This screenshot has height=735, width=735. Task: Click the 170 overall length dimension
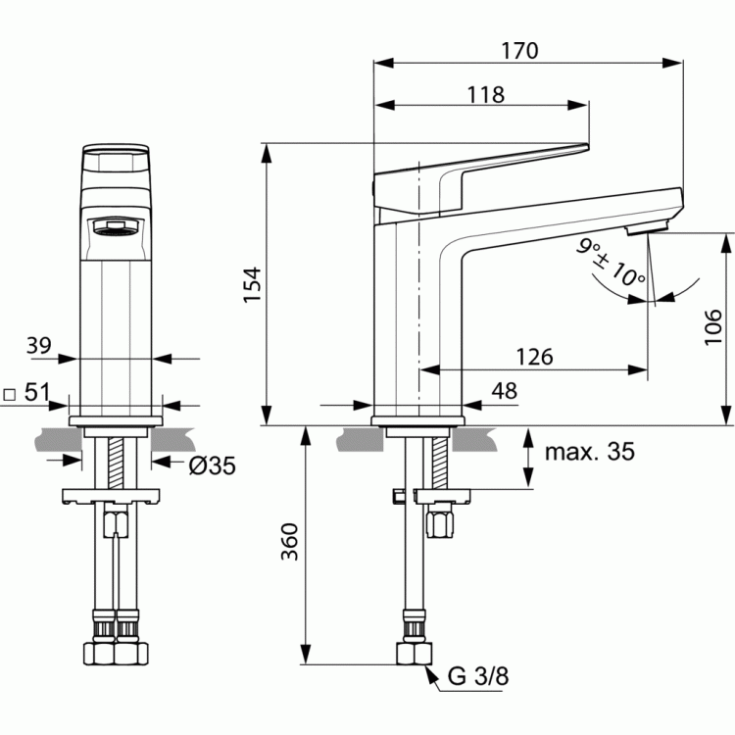click(x=519, y=51)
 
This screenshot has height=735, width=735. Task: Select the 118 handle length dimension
click(x=486, y=95)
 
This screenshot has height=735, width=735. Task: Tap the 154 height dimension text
click(x=252, y=284)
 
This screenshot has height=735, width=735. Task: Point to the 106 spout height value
click(x=713, y=326)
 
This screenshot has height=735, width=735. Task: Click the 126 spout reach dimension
click(x=534, y=357)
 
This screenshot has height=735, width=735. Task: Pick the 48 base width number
click(x=505, y=390)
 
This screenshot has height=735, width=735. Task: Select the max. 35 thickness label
click(x=590, y=452)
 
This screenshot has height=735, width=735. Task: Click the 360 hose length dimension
click(x=290, y=541)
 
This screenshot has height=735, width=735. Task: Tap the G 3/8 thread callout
click(x=478, y=676)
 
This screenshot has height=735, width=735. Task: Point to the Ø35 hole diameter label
click(x=213, y=465)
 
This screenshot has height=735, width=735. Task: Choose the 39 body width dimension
click(x=38, y=346)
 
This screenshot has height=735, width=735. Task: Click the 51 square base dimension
click(x=36, y=392)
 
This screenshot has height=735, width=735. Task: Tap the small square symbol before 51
click(x=10, y=395)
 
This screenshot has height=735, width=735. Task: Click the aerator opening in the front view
click(x=116, y=227)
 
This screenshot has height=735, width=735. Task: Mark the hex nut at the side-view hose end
click(x=415, y=654)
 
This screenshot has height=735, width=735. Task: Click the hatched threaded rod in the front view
click(x=116, y=463)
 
